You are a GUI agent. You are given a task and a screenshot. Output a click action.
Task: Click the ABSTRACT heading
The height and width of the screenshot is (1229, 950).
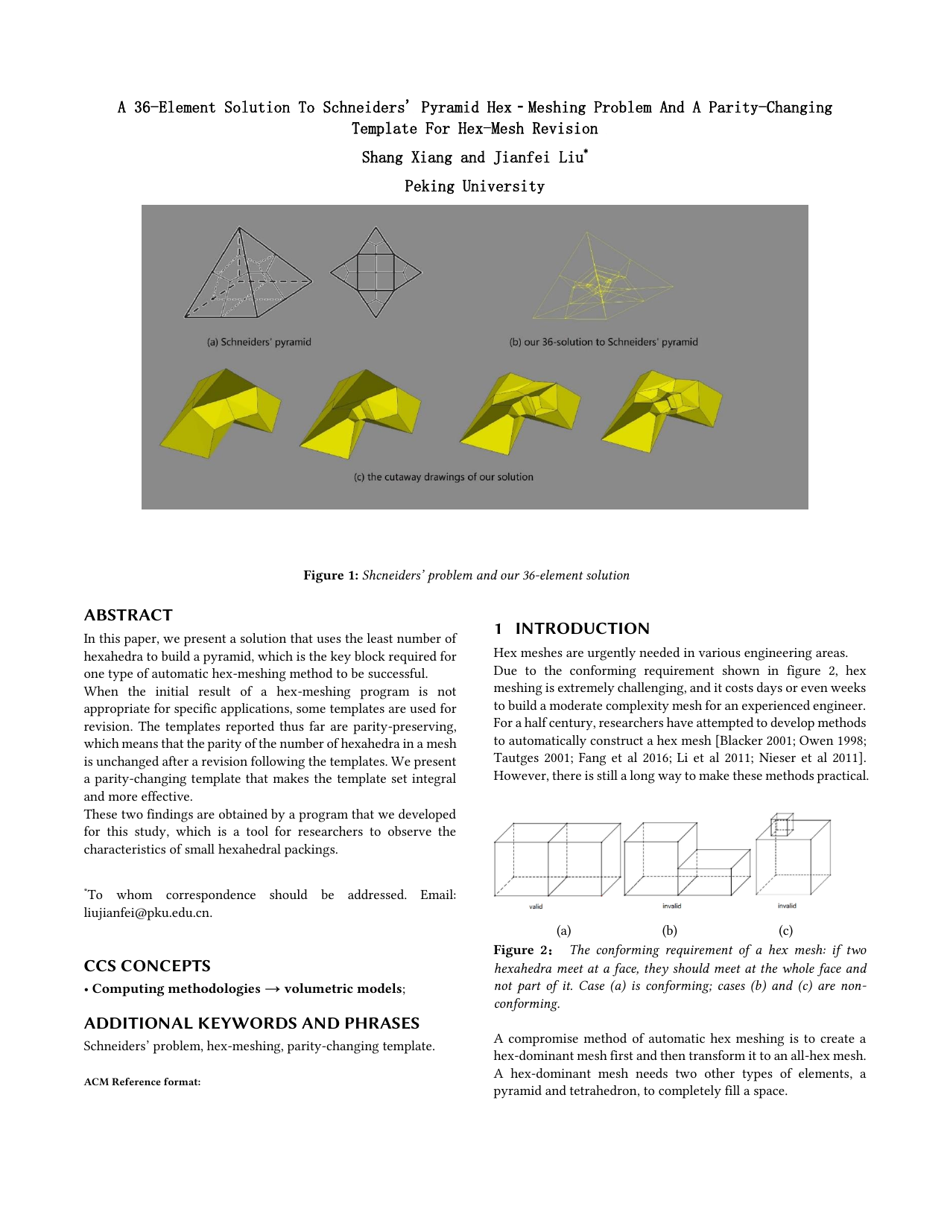(128, 615)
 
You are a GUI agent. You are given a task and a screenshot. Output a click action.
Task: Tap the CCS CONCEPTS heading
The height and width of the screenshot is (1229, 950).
(147, 966)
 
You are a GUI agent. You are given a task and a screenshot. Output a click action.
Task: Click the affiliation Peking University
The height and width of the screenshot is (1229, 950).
(475, 186)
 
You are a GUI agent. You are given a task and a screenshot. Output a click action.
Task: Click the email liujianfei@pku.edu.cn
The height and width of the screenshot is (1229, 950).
(148, 912)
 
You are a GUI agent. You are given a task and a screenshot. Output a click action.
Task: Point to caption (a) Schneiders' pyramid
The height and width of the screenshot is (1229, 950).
(259, 342)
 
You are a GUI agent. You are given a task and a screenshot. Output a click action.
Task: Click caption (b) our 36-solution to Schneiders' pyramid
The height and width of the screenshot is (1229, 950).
(604, 342)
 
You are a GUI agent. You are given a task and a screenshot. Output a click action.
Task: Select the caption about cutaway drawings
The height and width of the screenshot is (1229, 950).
(443, 477)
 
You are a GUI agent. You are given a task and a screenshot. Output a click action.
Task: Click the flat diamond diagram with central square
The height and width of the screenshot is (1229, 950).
(376, 272)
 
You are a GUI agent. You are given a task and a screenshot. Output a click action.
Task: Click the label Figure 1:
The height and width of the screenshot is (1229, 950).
(331, 575)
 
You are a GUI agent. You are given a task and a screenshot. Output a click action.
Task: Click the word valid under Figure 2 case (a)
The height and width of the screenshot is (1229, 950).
(536, 906)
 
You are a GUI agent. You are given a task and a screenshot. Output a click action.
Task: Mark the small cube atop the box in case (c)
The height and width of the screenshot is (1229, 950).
(782, 825)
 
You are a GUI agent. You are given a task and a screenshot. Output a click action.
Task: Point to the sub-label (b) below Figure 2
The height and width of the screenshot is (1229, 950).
(669, 930)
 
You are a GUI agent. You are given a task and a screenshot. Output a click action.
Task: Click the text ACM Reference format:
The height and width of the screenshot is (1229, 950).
(142, 1082)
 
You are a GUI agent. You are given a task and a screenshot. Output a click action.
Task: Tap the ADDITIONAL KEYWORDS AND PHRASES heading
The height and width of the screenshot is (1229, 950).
(251, 1023)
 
